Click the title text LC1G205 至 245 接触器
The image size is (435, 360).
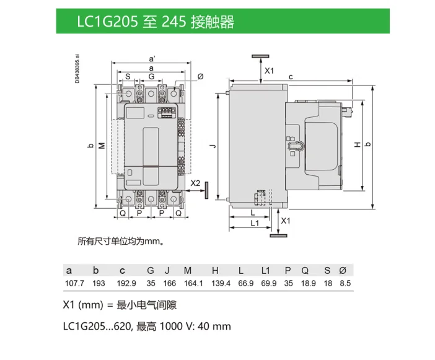(156, 22)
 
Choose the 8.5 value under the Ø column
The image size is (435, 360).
(345, 283)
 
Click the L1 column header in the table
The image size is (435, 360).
(266, 271)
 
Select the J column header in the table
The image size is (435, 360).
(167, 271)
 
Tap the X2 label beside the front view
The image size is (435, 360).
(195, 183)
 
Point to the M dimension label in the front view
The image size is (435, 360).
(102, 145)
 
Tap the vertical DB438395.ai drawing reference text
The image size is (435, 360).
(78, 69)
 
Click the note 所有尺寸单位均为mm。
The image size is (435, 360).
(120, 241)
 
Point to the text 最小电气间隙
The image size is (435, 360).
(144, 305)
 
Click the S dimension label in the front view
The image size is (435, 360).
(127, 76)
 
